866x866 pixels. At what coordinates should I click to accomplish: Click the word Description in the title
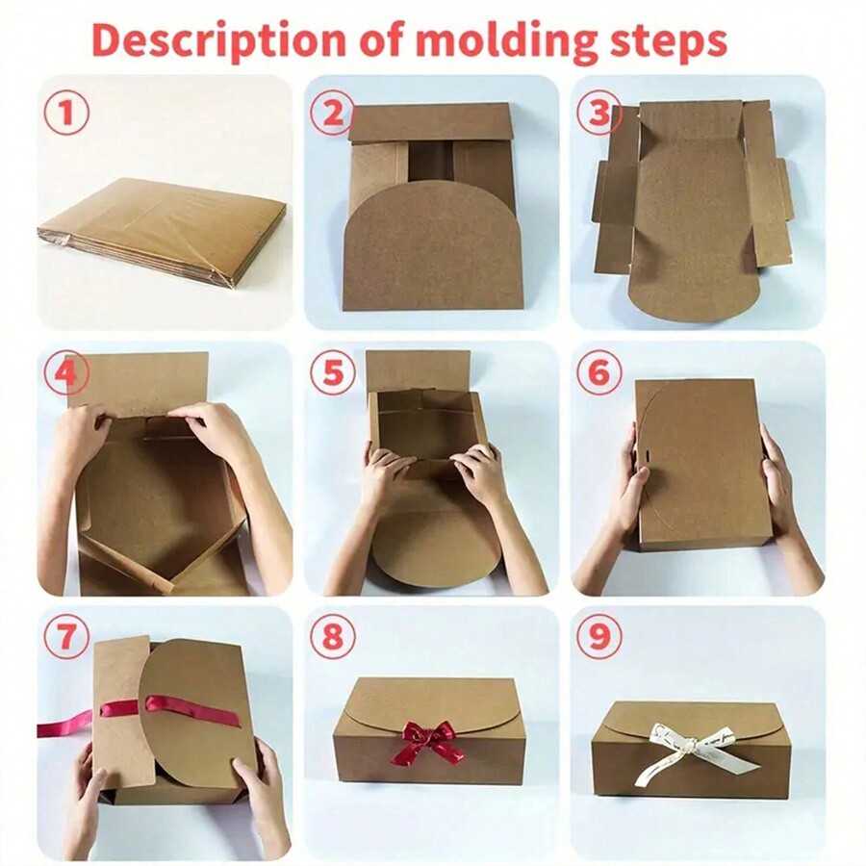220,40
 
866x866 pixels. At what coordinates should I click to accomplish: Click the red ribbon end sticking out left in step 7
63,723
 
